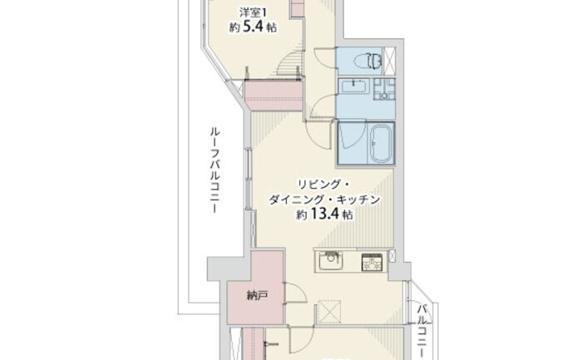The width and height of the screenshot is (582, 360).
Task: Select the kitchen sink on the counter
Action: pos(329,261)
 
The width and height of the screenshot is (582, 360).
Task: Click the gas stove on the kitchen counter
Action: pos(372,262)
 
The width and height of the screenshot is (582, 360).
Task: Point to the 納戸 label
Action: pos(257,296)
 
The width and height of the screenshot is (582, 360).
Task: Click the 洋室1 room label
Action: pos(253,12)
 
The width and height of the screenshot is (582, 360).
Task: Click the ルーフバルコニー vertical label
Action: pos(215,170)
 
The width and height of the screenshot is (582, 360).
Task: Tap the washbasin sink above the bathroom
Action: pos(354,87)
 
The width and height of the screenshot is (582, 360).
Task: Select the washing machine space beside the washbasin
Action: pos(384,89)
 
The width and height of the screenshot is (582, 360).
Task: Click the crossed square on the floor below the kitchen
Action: pos(329,311)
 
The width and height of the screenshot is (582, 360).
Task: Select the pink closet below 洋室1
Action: pos(274,96)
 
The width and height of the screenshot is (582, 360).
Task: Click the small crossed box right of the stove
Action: pos(392,255)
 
